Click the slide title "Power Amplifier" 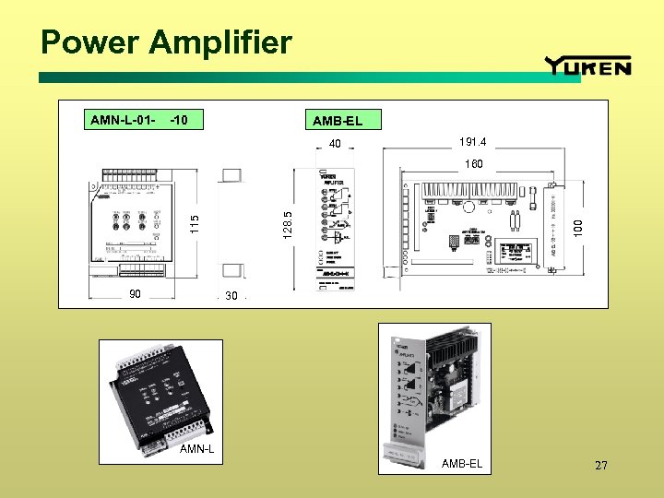[x=166, y=42]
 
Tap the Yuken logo [x=587, y=65]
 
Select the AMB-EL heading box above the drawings [x=337, y=121]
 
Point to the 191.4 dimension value [x=472, y=142]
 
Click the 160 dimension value [x=473, y=163]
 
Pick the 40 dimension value [x=335, y=143]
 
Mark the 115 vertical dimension [x=194, y=223]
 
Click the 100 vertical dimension [x=577, y=224]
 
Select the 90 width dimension [x=135, y=295]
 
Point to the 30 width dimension [x=231, y=296]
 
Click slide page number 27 [x=601, y=466]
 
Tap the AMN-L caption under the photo [x=196, y=449]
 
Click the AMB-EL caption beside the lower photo [x=461, y=463]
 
